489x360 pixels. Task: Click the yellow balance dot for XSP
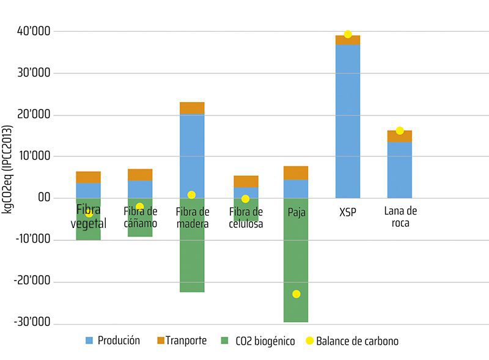coord(348,34)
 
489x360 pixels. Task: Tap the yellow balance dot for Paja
coord(296,294)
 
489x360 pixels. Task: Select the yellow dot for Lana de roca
coord(400,130)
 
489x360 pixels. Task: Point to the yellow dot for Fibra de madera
coord(191,195)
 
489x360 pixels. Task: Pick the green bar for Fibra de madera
coord(192,257)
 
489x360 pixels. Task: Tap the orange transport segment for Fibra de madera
coord(192,108)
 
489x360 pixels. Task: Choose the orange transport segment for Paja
coord(296,172)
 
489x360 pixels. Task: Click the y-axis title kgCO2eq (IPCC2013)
coord(8,169)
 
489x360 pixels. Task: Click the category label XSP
coord(348,212)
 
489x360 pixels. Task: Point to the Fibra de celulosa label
coord(246,218)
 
